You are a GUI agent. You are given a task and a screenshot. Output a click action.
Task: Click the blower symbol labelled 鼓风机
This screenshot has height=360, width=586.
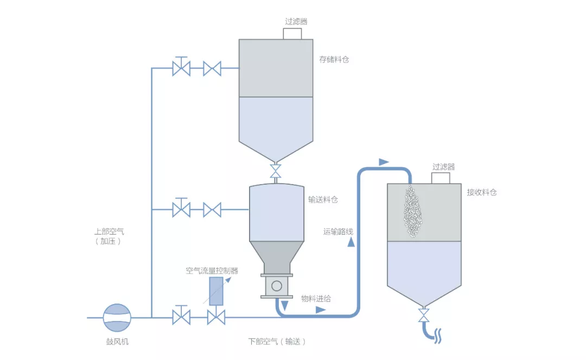point(117,318)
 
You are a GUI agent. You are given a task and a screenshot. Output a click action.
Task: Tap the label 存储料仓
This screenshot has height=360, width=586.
point(334,60)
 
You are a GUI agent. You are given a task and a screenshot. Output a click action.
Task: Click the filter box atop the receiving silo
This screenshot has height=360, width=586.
point(441,178)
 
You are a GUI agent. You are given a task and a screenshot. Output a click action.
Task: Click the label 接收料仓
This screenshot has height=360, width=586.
point(482,192)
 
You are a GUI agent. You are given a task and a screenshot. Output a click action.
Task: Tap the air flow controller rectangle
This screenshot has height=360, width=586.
point(216,292)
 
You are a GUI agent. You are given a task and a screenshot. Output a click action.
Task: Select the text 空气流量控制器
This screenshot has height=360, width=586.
point(212,270)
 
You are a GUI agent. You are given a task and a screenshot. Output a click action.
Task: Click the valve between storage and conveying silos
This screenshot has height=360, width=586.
point(276,171)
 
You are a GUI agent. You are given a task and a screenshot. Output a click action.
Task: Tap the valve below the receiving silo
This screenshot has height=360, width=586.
point(424,315)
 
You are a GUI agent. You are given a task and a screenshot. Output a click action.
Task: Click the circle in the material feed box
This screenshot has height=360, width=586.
point(277,286)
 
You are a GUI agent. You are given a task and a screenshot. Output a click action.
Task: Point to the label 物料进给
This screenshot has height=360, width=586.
point(316,298)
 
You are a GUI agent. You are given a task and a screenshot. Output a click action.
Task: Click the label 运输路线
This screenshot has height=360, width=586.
point(338,232)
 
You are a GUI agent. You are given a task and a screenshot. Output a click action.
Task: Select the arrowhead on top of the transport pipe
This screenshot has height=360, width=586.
point(384,162)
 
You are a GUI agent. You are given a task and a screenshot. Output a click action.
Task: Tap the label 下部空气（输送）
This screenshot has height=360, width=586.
point(277,342)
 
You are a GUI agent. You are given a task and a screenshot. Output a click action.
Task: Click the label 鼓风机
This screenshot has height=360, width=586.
point(118,342)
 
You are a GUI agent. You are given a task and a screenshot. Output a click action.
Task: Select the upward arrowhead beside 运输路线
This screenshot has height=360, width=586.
point(351,243)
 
